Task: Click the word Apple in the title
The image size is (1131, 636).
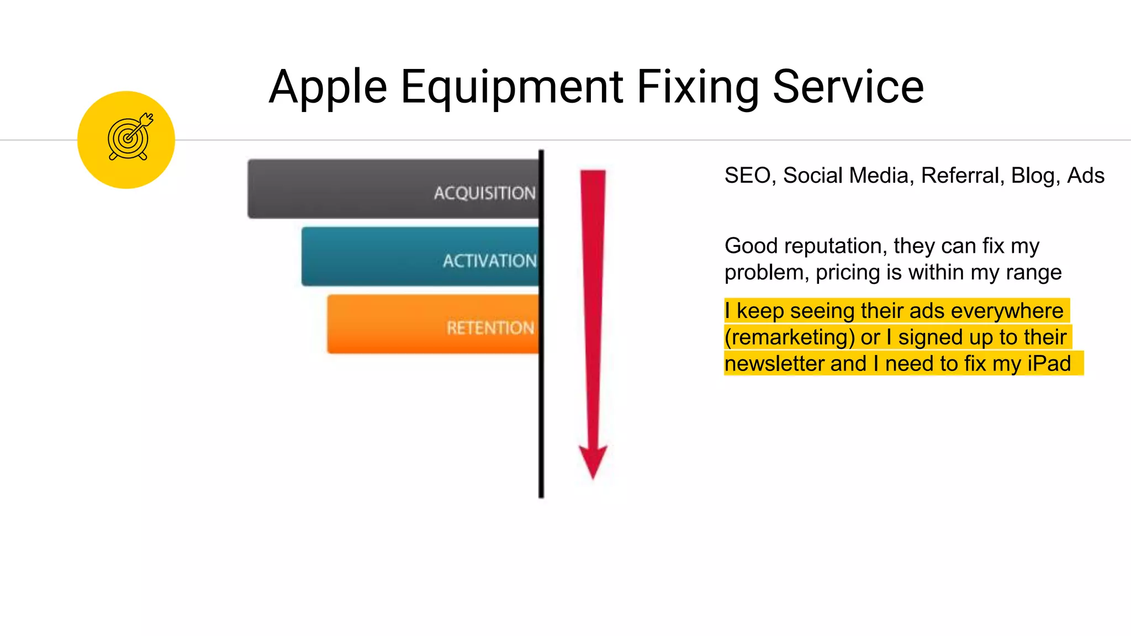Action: (328, 87)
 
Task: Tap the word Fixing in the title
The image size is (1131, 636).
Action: (698, 87)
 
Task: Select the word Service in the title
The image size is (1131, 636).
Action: (848, 87)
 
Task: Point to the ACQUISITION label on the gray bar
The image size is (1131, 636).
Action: (484, 193)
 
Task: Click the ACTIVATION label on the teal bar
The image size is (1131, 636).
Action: (489, 261)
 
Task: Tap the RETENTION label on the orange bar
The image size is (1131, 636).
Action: (490, 328)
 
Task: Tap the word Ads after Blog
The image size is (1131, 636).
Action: (1086, 176)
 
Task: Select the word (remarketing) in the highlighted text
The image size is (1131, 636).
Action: (790, 337)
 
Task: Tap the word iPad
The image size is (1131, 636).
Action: (1049, 364)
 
